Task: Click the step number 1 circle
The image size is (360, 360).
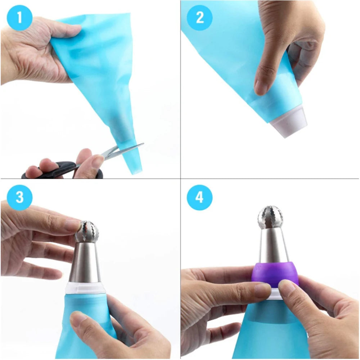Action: coord(19,17)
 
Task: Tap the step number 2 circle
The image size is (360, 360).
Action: coord(199,17)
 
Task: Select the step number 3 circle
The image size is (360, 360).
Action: coord(19,197)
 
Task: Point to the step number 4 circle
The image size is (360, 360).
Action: coord(199,197)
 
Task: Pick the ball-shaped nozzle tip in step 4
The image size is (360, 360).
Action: coord(270,217)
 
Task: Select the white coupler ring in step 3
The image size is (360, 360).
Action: coord(85,287)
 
